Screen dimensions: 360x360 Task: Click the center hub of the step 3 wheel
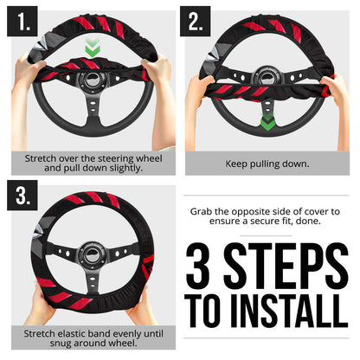click(x=87, y=260)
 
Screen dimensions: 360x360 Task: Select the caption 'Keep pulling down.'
click(x=267, y=163)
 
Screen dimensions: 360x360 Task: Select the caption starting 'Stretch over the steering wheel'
click(x=90, y=162)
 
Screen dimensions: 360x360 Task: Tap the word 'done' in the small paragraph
click(x=328, y=222)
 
